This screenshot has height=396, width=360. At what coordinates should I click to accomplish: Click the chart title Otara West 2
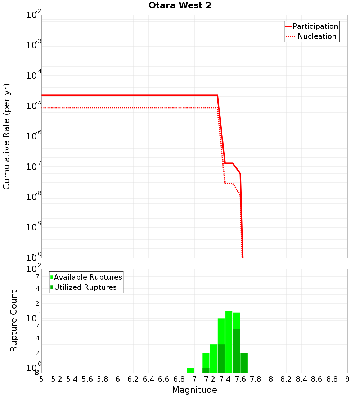[x=180, y=6]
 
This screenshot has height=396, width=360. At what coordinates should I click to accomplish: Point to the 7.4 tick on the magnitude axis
[x=225, y=379]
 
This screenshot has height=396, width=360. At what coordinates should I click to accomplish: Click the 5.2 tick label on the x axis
[x=57, y=379]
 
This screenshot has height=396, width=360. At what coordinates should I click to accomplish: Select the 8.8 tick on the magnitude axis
[x=332, y=379]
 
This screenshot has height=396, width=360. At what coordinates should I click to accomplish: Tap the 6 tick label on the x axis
[x=118, y=379]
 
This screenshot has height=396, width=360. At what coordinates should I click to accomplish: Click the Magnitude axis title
[x=194, y=390]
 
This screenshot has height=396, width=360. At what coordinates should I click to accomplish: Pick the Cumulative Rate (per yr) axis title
[x=6, y=136]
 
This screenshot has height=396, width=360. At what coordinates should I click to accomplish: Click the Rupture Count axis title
[x=14, y=320]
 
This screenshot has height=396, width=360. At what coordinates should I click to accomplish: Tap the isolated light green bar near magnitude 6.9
[x=190, y=370]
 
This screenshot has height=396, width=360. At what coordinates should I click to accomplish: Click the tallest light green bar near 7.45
[x=229, y=342]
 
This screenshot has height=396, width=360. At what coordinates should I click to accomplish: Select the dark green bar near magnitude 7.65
[x=244, y=363]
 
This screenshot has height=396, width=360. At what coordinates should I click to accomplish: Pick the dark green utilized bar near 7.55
[x=236, y=351]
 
